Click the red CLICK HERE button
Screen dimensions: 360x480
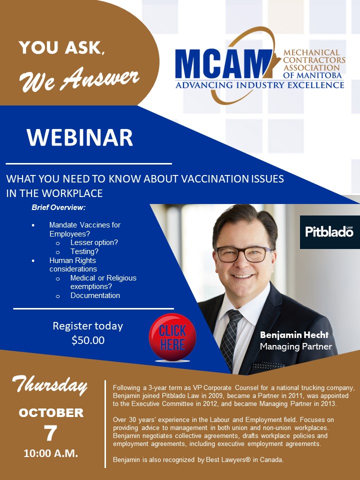(172, 337)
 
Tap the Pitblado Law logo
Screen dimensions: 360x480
(329, 232)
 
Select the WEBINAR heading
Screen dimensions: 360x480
(79, 137)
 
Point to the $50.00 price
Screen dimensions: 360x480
(88, 340)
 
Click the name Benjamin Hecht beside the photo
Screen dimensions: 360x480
(294, 335)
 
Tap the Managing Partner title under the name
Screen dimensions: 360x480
(296, 346)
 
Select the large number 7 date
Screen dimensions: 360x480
(50, 433)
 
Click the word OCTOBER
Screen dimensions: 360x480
(51, 413)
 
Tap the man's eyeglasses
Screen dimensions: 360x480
(243, 254)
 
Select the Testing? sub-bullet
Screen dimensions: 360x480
(84, 251)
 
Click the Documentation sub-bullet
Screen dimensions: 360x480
(95, 295)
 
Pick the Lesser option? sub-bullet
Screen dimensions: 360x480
(94, 243)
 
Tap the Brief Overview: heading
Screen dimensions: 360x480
(58, 207)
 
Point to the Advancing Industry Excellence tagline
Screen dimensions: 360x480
(259, 85)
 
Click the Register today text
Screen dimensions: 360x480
(88, 326)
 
